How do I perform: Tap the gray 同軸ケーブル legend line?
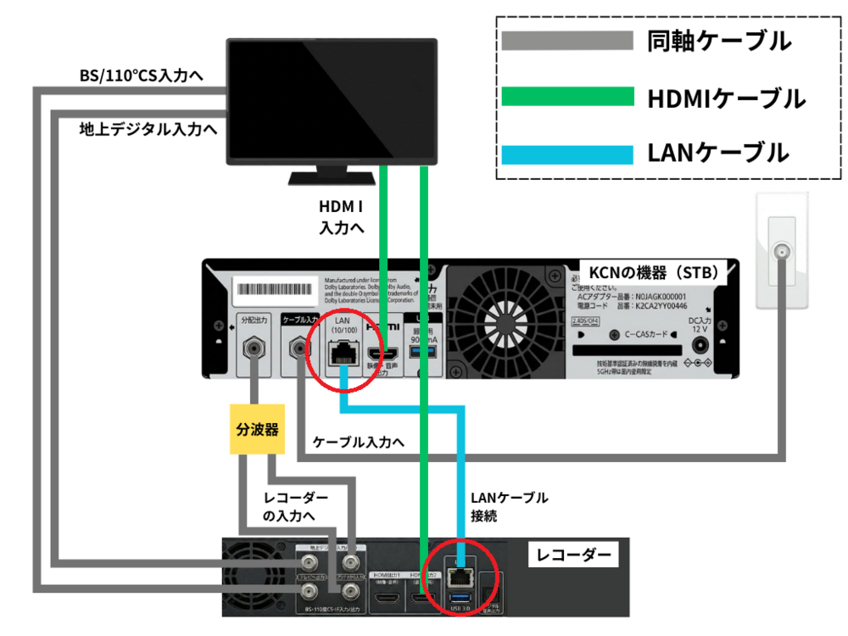tap(567, 41)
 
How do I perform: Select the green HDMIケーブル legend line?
tap(567, 98)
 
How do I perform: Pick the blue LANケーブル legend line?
tap(567, 153)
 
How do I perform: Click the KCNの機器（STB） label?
tap(654, 273)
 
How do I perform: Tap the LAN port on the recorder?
tap(460, 576)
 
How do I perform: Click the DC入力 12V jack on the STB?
tap(700, 346)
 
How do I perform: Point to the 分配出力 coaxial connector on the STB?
tap(253, 349)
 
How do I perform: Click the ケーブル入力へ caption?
tap(359, 442)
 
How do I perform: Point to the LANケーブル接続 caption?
tap(509, 505)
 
